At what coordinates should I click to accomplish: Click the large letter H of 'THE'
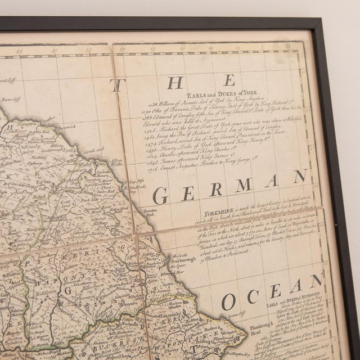point(175,82)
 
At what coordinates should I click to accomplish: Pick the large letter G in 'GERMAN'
point(160,196)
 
